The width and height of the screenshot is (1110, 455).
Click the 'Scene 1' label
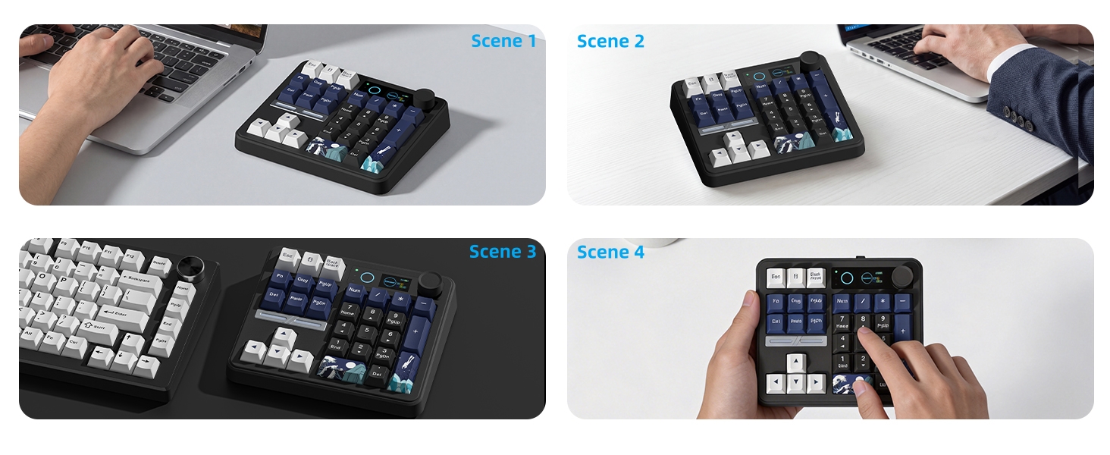click(503, 41)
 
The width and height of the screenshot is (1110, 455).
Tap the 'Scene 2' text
click(610, 42)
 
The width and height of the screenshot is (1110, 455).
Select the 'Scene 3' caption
click(502, 252)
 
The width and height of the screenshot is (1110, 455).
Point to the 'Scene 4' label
click(610, 252)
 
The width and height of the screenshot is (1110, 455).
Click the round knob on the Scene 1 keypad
click(424, 99)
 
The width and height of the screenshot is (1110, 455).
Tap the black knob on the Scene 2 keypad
click(812, 60)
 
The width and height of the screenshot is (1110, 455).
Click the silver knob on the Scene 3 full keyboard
click(189, 269)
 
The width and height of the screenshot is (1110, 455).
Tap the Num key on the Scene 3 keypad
click(356, 290)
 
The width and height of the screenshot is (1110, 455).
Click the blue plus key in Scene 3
click(415, 333)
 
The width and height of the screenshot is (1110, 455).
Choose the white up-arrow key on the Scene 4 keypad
click(795, 362)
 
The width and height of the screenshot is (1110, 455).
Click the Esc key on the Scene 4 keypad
click(775, 278)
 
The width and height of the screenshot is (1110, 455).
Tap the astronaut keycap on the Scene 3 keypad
click(402, 372)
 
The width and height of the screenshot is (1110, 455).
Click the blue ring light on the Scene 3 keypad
click(366, 278)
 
